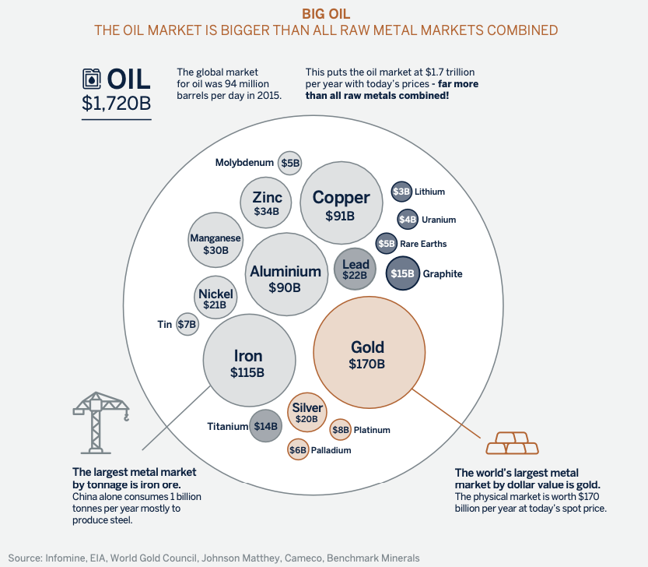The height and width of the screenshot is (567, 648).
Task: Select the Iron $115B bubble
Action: (x=248, y=362)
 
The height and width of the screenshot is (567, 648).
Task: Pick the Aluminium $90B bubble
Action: (x=285, y=277)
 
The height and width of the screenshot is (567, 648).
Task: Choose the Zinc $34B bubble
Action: (x=266, y=203)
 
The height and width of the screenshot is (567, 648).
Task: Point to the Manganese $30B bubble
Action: (x=215, y=243)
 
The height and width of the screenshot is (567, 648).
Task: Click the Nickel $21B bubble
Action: (x=215, y=298)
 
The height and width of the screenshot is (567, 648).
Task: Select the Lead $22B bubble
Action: (x=356, y=269)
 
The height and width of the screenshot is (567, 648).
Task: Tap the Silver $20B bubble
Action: (x=307, y=413)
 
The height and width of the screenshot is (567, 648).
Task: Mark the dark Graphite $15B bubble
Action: (x=403, y=273)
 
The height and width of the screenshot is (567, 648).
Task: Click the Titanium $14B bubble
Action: (x=264, y=426)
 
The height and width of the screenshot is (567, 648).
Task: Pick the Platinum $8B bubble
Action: (x=341, y=429)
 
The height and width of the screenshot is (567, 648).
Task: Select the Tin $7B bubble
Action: (x=187, y=324)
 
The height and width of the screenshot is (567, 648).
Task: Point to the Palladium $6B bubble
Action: (x=298, y=449)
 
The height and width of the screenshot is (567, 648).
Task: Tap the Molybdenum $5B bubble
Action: (x=290, y=163)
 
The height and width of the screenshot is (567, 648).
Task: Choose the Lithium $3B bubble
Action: (x=401, y=191)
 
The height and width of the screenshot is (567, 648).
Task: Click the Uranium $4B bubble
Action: (x=408, y=220)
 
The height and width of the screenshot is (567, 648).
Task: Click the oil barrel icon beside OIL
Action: (x=92, y=79)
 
